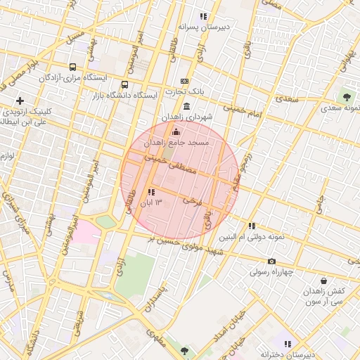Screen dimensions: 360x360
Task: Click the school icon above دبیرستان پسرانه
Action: [203, 16]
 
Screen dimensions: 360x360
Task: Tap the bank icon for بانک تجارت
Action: [184, 82]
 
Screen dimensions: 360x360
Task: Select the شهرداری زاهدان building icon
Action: [186, 106]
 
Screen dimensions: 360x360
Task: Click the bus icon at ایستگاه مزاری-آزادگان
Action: [72, 67]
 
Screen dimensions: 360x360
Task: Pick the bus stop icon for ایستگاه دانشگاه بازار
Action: [125, 84]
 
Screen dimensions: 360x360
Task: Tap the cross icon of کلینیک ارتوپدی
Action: [20, 101]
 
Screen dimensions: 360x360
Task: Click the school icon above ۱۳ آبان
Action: [151, 192]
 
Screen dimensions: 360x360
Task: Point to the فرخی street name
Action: [192, 200]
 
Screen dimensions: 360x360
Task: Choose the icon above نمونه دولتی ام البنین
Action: [252, 226]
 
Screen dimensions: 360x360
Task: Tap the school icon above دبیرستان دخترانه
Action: [287, 344]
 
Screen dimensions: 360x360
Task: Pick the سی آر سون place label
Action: [304, 302]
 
